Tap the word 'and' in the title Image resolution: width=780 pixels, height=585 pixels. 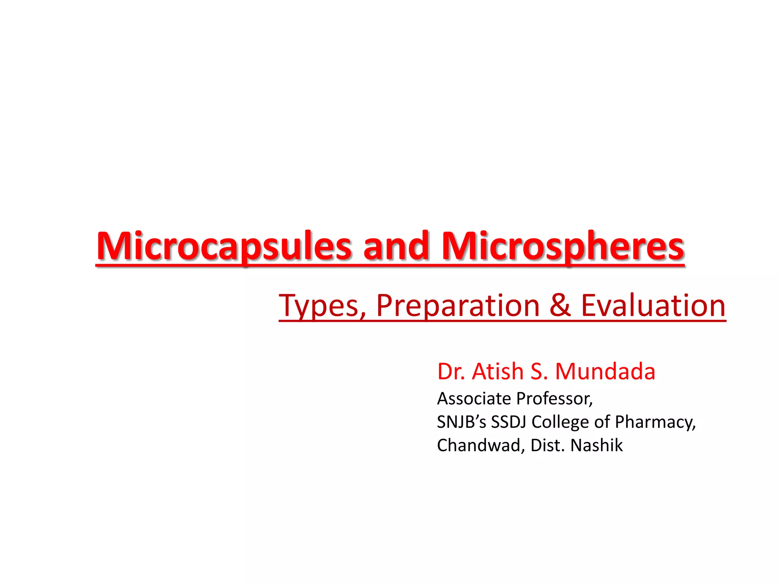pyautogui.click(x=396, y=246)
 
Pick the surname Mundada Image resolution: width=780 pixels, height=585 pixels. pyautogui.click(x=605, y=371)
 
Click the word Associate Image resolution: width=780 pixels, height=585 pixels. pyautogui.click(x=474, y=399)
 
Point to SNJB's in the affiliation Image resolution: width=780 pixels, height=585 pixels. pyautogui.click(x=461, y=422)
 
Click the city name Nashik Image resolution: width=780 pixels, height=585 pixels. pyautogui.click(x=596, y=445)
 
